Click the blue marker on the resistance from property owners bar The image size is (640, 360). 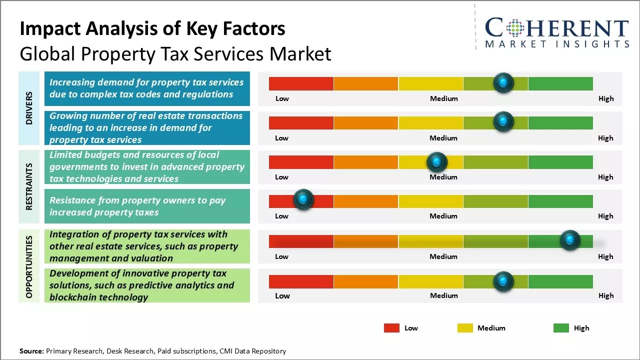[x=303, y=199]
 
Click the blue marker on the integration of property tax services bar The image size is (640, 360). [x=569, y=240]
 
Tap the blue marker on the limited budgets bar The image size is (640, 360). [x=437, y=161]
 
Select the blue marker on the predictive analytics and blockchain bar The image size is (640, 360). [x=503, y=281]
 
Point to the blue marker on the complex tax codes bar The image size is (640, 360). [x=503, y=82]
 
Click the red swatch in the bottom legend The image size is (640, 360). [x=391, y=328]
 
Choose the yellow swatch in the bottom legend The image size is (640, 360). [x=465, y=328]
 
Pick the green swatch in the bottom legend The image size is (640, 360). [x=561, y=328]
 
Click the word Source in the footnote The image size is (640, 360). [x=31, y=351]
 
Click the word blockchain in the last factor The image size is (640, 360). [x=73, y=297]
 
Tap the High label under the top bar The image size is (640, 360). [x=605, y=98]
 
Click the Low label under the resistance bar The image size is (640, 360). [x=281, y=216]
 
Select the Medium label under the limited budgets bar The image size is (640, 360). [x=443, y=177]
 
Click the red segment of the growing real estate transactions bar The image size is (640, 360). [x=301, y=122]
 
